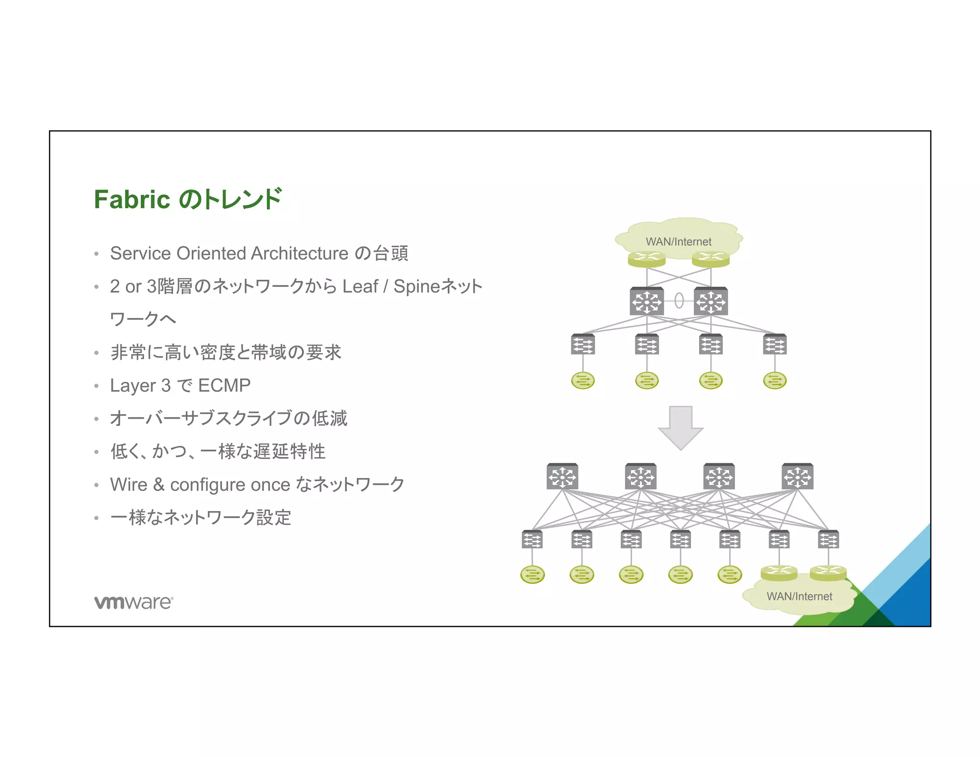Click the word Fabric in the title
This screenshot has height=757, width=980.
tap(132, 200)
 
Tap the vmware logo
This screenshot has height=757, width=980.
tap(134, 602)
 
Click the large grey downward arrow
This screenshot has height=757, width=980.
tap(680, 427)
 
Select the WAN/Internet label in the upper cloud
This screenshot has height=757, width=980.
tap(679, 242)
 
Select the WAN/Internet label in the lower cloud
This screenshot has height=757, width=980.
tap(799, 596)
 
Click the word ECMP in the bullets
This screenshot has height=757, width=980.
tap(224, 385)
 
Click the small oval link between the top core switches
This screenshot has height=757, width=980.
tap(679, 301)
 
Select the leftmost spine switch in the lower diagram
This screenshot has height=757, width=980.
tap(562, 476)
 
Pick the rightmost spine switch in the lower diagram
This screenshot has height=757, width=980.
tap(797, 476)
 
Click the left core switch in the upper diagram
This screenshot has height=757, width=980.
tap(646, 301)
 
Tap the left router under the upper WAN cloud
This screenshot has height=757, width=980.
tap(646, 259)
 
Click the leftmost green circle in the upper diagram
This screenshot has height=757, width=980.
tap(583, 381)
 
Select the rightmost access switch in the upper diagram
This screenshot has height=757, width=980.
tap(775, 344)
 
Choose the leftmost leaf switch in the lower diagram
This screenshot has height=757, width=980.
tap(532, 539)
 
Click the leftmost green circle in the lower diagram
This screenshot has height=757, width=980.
tap(532, 574)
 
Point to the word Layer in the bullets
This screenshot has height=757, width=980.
tap(133, 385)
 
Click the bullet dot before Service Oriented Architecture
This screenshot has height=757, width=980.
tap(97, 254)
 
